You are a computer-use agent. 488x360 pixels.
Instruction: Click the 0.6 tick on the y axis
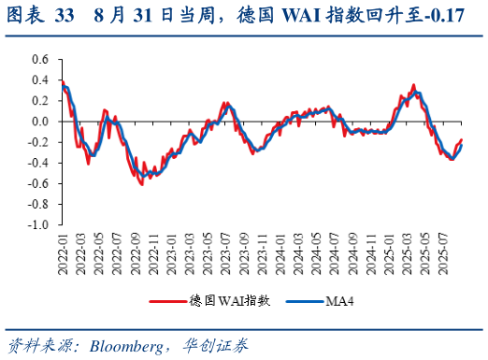pos(37,59)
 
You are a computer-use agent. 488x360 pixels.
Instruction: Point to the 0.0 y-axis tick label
pos(37,122)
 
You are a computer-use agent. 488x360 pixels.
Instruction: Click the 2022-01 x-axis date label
pos(63,255)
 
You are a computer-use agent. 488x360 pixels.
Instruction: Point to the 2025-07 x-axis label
pos(445,255)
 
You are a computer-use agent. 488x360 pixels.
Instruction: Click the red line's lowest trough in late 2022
pos(142,184)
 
